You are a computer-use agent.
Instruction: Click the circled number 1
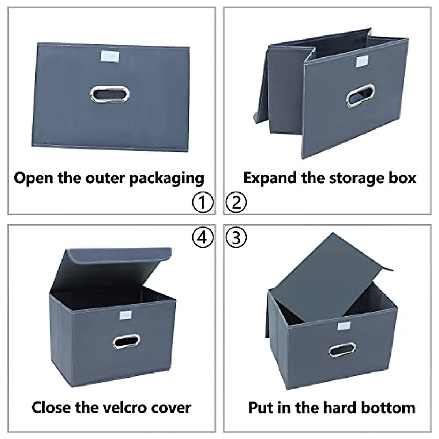(202, 202)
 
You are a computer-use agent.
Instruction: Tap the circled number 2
(236, 202)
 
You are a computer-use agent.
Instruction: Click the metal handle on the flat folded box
(110, 94)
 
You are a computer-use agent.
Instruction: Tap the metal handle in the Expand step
(361, 95)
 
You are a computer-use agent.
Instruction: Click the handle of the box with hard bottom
(342, 350)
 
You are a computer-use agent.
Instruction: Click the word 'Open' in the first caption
(30, 179)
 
